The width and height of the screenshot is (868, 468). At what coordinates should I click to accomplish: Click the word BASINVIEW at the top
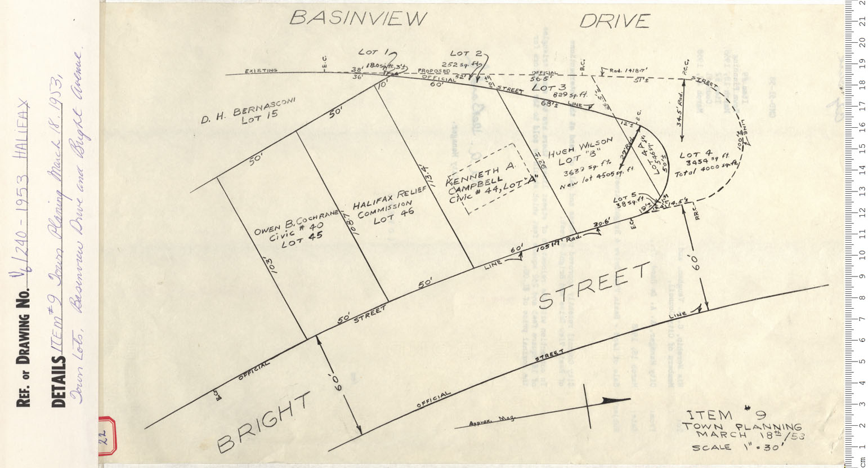357,19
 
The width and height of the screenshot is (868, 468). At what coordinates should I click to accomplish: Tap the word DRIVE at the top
615,21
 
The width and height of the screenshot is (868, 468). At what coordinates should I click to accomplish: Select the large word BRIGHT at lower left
263,421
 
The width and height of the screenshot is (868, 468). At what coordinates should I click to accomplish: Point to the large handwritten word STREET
594,287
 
